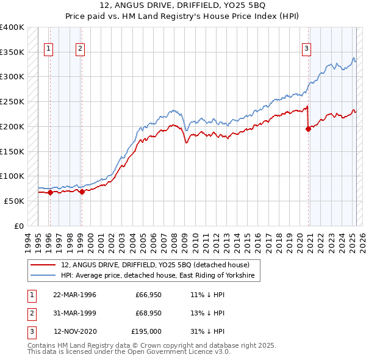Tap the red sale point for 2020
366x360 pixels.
pyautogui.click(x=308, y=129)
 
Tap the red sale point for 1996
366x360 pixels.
pyautogui.click(x=50, y=192)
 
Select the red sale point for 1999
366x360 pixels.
pyautogui.click(x=82, y=192)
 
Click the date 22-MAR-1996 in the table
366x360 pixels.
pyautogui.click(x=74, y=294)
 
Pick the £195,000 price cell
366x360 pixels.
pyautogui.click(x=146, y=332)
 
